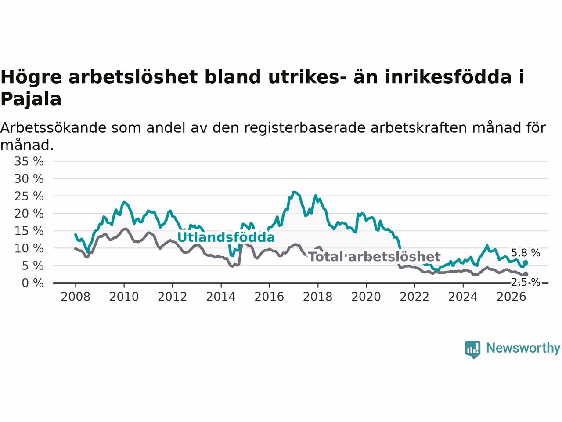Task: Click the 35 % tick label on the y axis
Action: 29,161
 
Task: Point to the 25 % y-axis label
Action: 29,196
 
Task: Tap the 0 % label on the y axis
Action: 32,283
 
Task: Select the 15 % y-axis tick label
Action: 29,231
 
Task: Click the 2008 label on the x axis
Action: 76,297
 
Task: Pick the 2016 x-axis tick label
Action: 269,297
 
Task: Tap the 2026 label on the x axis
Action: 512,297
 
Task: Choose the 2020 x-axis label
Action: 366,297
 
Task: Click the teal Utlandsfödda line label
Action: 226,237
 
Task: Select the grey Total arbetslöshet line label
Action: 375,257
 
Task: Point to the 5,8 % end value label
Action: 526,253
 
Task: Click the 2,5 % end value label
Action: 526,282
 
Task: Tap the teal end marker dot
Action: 526,262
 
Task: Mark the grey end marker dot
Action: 526,274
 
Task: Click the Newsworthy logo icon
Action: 472,349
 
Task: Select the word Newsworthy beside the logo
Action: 523,348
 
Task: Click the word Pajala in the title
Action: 31,99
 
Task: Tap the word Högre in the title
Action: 31,77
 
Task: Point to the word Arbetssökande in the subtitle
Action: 53,128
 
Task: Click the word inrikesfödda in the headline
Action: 448,77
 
